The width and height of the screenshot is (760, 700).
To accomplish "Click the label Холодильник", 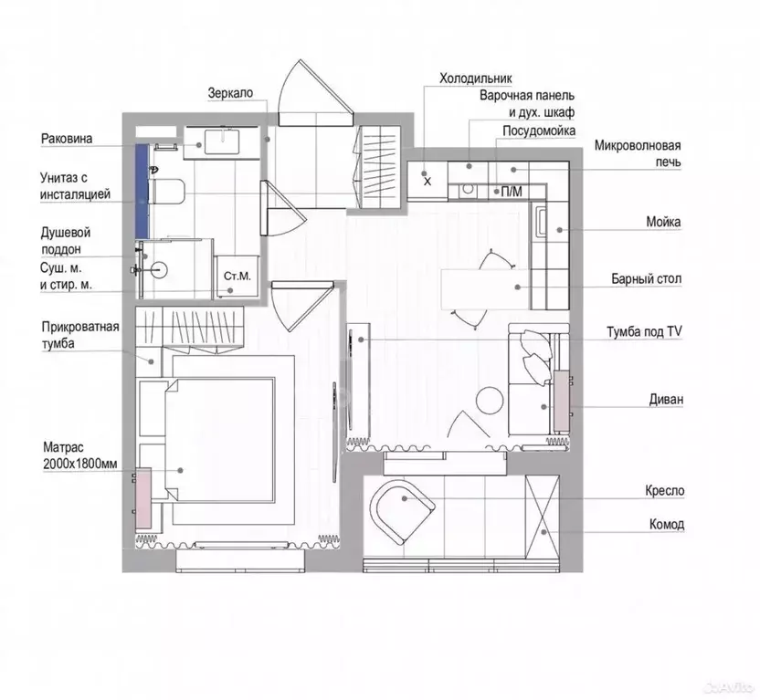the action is coord(475,78).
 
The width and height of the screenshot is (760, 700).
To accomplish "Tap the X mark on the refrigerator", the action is coord(427,182).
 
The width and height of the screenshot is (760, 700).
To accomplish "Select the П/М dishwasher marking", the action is coord(511,192).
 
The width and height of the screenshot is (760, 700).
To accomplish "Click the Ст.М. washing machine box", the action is coord(237,276).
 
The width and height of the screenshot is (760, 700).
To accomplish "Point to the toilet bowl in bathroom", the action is coord(168,192).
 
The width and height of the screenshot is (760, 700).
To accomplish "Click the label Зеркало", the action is coord(230,93).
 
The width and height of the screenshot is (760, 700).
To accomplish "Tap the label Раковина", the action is coord(67,139).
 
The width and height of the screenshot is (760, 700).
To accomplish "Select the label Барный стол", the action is coord(646,279).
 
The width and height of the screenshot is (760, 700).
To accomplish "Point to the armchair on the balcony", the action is coord(402,511).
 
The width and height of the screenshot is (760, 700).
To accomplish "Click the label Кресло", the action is coord(664,491).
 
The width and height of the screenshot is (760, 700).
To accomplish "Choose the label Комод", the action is coord(667,524).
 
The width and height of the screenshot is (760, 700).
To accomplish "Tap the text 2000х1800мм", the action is coord(80,464).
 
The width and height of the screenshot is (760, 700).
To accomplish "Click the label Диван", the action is coord(666,400).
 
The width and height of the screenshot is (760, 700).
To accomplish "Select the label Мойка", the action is coord(663,222).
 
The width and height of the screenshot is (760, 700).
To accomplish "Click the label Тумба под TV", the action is coord(644,332).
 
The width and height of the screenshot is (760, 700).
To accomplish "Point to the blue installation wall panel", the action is coord(141,192).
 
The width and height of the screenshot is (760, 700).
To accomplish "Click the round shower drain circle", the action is coord(158,269).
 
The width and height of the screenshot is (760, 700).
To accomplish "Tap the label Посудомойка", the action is coord(539,131).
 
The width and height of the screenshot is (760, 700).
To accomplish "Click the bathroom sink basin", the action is coord(222,141).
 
